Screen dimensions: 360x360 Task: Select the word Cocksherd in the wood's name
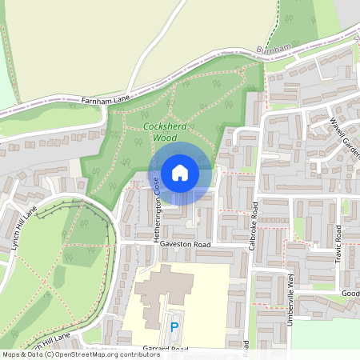165,126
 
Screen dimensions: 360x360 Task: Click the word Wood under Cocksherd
165,138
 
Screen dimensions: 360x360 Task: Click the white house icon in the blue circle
180,172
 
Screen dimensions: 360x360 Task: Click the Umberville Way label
291,290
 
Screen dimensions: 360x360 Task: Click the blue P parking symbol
174,327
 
